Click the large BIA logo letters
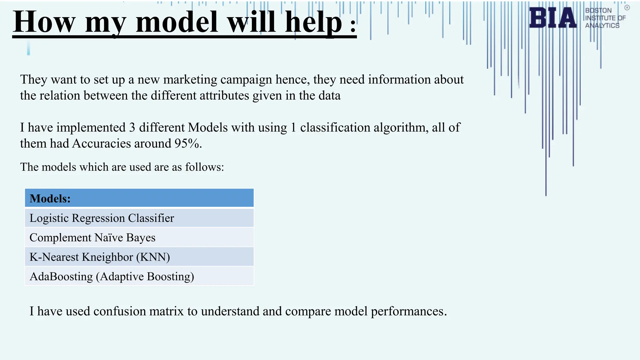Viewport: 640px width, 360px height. (x=552, y=18)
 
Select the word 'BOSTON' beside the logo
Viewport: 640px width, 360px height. (x=598, y=11)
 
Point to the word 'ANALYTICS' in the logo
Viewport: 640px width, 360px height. (x=602, y=26)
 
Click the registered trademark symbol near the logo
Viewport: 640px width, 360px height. (x=627, y=8)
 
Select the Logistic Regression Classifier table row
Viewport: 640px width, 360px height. (x=139, y=218)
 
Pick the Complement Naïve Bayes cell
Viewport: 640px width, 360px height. (x=139, y=237)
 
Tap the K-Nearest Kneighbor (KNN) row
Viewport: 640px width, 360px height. (x=139, y=257)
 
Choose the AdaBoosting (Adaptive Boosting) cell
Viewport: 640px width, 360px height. (x=139, y=276)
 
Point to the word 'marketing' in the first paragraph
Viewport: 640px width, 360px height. (x=190, y=80)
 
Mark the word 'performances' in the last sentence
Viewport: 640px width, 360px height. (x=408, y=312)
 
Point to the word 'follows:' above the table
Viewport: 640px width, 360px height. (x=204, y=167)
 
